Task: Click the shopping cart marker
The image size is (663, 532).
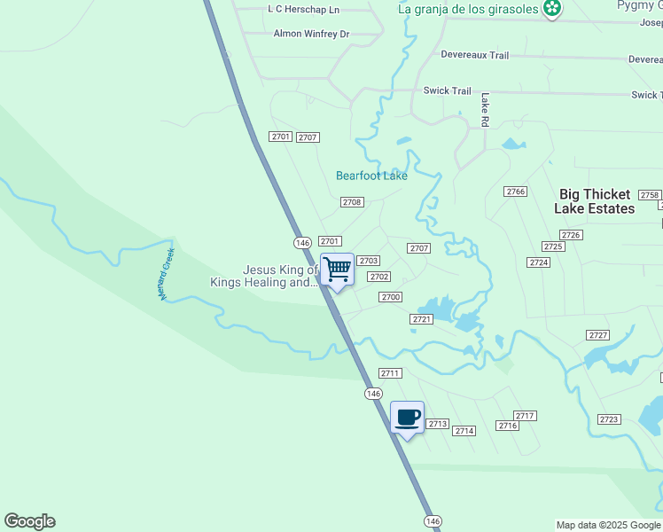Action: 338,270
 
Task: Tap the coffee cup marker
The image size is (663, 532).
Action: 407,417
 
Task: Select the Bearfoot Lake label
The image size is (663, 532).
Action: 371,176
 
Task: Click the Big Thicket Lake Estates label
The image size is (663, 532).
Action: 595,201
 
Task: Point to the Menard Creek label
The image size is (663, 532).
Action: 168,274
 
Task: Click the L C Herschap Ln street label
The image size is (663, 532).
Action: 303,9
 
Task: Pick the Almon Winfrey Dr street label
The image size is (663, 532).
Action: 311,34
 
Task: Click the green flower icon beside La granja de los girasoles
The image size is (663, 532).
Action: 553,9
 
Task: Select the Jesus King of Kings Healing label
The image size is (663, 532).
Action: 263,277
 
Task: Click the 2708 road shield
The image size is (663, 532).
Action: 352,202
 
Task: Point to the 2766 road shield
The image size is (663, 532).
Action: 516,192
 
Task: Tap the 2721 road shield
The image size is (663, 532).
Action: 422,319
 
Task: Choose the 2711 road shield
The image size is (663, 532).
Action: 390,373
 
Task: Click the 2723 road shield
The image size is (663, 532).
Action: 609,419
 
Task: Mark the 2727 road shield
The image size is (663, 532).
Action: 598,334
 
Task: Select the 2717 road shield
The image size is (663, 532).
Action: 526,416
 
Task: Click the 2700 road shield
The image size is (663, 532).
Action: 391,297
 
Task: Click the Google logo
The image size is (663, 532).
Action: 29,521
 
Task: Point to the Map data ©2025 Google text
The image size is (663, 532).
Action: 609,525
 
